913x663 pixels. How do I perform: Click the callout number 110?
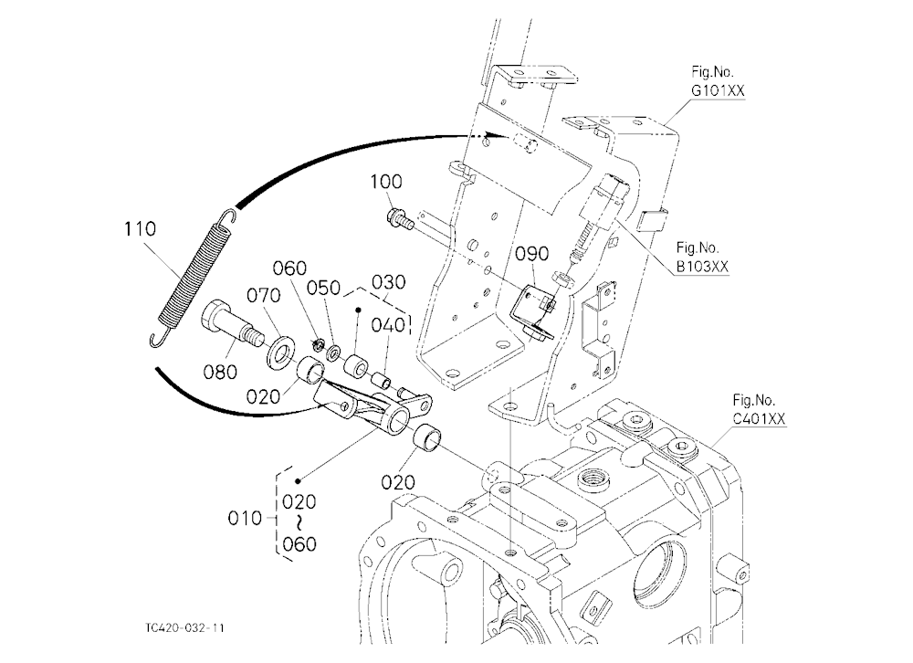(x=140, y=229)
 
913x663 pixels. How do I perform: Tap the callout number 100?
(x=386, y=183)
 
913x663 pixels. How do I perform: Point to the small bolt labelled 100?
(x=400, y=219)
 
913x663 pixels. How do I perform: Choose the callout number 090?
(x=531, y=254)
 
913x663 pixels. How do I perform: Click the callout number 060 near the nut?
(x=289, y=268)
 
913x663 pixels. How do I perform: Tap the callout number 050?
(x=324, y=288)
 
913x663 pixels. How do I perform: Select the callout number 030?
(x=388, y=282)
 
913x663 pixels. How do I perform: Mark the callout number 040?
(x=388, y=324)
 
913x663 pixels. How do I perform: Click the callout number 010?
(x=245, y=518)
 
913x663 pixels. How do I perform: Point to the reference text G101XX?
(x=718, y=91)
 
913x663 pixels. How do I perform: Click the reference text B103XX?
(x=702, y=267)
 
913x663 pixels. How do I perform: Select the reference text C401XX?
(x=759, y=419)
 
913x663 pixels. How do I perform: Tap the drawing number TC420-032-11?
(x=184, y=627)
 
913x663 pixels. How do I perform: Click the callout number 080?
(x=220, y=372)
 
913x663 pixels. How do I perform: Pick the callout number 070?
(x=263, y=296)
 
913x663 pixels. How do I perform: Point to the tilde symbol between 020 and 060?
(x=299, y=522)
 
